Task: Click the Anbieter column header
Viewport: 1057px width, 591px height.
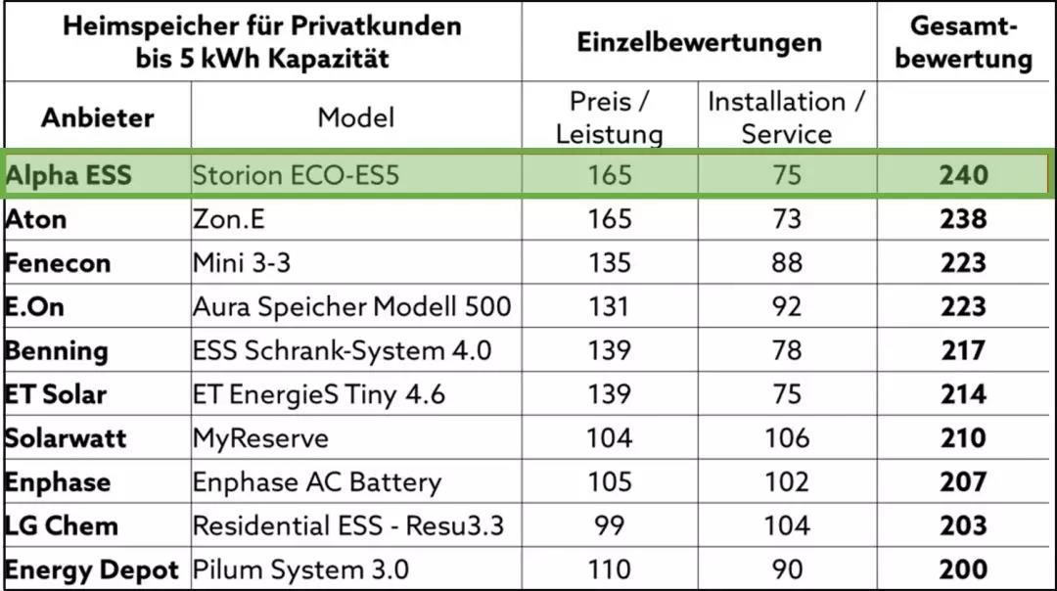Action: pos(97,118)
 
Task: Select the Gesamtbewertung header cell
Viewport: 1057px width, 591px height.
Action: pos(964,43)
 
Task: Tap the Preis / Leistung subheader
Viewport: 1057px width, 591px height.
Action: pos(609,117)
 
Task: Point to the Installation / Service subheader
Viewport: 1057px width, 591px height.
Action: pos(787,117)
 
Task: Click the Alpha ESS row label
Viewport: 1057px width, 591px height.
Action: pos(68,176)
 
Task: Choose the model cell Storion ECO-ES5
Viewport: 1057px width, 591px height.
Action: pos(296,176)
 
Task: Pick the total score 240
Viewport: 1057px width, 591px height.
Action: pos(964,176)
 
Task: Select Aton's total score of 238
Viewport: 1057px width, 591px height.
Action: pos(964,219)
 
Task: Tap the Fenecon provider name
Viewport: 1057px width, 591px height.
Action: pos(57,263)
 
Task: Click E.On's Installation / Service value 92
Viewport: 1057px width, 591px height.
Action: pos(787,307)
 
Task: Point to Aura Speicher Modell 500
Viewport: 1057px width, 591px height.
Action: pos(351,307)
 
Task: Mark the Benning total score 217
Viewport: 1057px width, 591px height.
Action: pos(964,350)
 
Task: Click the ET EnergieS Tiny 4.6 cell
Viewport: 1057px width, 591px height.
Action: pos(319,394)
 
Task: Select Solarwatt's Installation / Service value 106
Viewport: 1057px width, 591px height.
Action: pos(787,437)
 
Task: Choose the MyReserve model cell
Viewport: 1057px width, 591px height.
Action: pos(260,437)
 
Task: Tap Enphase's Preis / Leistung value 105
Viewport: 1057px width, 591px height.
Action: pos(609,481)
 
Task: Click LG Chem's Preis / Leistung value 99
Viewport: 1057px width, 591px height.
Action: pos(609,525)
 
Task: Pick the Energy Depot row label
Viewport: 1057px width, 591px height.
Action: pos(92,569)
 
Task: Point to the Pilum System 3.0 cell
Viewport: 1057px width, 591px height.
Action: pos(300,569)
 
